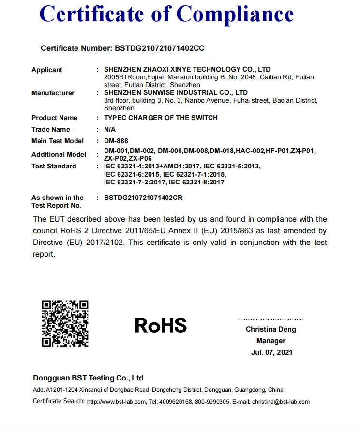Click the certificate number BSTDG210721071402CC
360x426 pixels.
pos(159,48)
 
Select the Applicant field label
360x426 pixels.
pos(47,70)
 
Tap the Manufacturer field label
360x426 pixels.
pos(53,93)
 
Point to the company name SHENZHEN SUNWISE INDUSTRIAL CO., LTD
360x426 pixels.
pos(176,92)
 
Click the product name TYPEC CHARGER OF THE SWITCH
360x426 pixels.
pos(161,118)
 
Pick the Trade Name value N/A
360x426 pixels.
pos(110,129)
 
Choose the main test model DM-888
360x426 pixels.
pos(116,141)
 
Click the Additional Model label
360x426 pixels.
pos(59,154)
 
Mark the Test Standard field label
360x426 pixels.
pos(54,166)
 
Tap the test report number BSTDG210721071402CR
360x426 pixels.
pos(143,198)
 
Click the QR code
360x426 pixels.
pos(65,323)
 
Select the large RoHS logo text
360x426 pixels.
pos(161,325)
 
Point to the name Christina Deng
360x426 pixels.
pos(271,329)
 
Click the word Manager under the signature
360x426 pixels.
pos(271,341)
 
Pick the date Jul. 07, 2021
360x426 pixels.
pos(271,352)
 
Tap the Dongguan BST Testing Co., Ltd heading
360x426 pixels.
pos(88,378)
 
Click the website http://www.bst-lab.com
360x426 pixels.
pos(117,402)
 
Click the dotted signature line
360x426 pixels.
pos(271,319)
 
